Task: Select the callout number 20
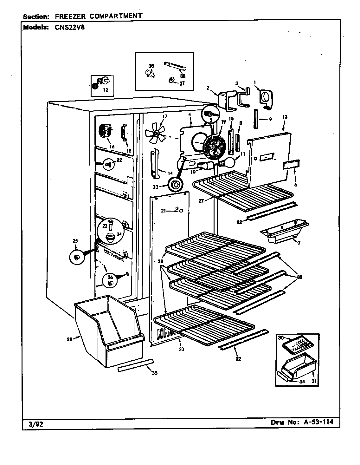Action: [x=181, y=350]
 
